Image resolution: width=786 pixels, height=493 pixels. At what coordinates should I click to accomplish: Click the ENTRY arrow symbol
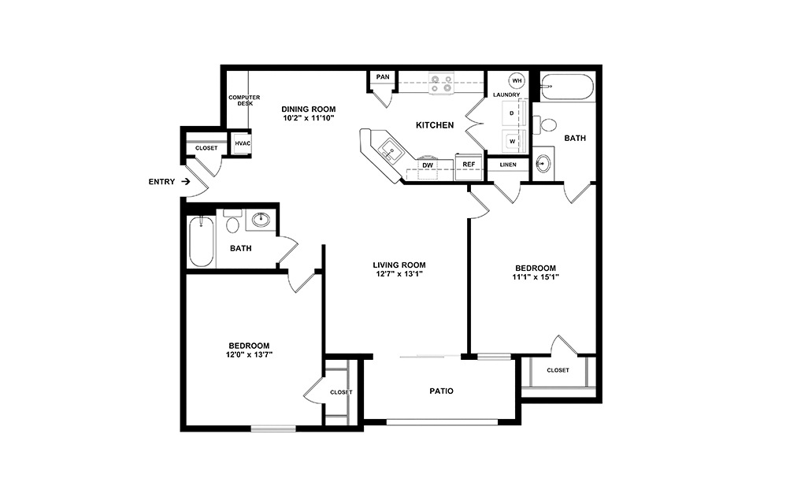(x=185, y=182)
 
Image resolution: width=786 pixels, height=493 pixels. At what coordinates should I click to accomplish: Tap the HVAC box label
(x=242, y=143)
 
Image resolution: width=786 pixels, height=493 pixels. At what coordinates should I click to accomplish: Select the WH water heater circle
(x=517, y=81)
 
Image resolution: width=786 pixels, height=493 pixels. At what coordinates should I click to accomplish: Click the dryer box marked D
(x=512, y=113)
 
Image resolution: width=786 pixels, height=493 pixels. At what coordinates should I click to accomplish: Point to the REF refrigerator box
(x=469, y=165)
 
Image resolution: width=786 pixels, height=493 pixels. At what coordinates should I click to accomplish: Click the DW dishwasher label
(x=428, y=165)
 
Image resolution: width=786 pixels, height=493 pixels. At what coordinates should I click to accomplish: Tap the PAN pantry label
(x=383, y=77)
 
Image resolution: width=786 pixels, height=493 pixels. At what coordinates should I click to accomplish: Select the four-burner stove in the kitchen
(x=441, y=83)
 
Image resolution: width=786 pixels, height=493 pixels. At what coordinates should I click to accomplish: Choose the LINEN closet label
(x=507, y=165)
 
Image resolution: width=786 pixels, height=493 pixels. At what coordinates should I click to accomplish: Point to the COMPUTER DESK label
(x=244, y=100)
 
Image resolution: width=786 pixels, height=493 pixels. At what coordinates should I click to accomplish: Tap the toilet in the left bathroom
(x=232, y=225)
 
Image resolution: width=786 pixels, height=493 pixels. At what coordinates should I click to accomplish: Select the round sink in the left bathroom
(x=261, y=220)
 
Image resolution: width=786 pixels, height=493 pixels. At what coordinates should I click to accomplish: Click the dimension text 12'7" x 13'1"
(x=399, y=275)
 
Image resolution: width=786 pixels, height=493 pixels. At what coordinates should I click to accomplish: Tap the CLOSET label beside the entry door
(x=206, y=147)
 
